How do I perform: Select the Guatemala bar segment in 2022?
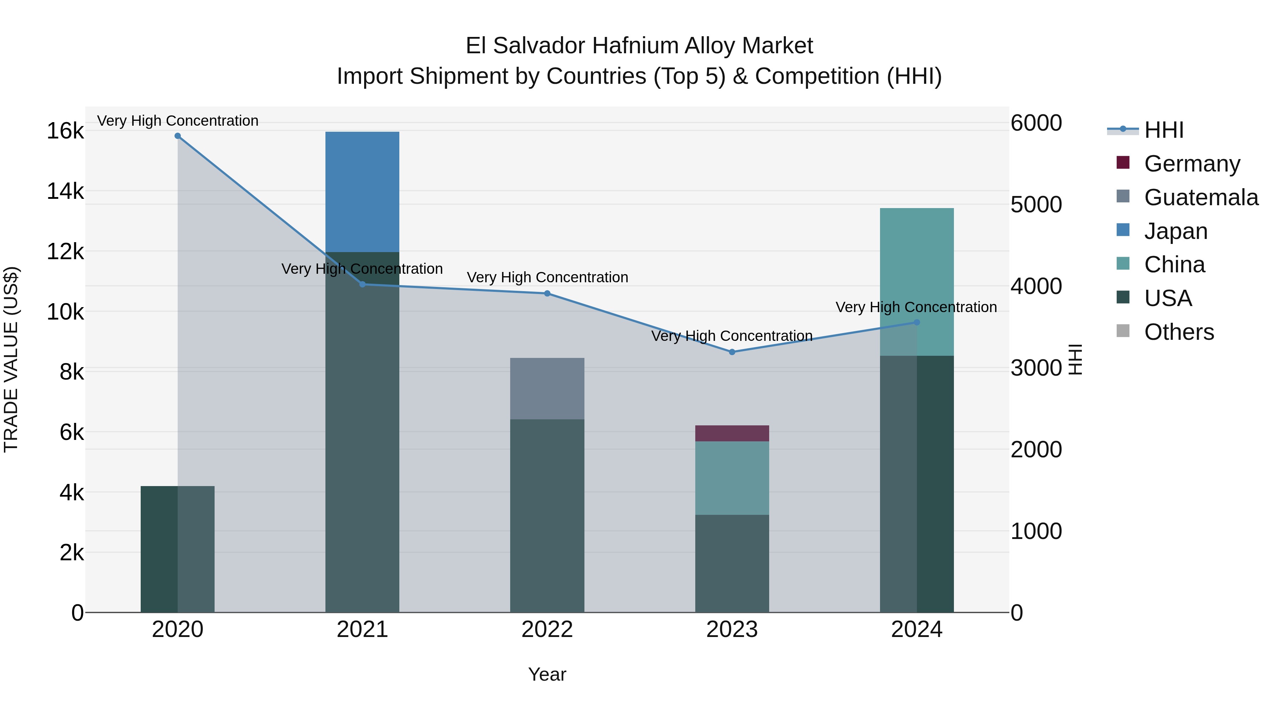[x=547, y=388]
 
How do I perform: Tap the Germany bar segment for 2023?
[x=732, y=433]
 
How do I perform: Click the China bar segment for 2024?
[x=917, y=281]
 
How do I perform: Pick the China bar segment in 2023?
[x=732, y=478]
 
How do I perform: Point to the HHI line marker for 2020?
[x=177, y=136]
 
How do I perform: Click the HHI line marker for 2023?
[x=732, y=352]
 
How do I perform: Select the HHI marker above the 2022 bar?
[x=547, y=293]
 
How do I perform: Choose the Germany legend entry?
[x=1192, y=163]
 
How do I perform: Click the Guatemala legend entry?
[x=1200, y=197]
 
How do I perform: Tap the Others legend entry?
[x=1179, y=332]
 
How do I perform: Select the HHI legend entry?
[x=1163, y=130]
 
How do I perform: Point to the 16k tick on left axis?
[x=65, y=131]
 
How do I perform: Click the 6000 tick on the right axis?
[x=1036, y=123]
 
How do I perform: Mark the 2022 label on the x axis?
[x=547, y=630]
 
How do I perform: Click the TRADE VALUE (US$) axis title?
[x=11, y=359]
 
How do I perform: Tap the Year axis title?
[x=547, y=674]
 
